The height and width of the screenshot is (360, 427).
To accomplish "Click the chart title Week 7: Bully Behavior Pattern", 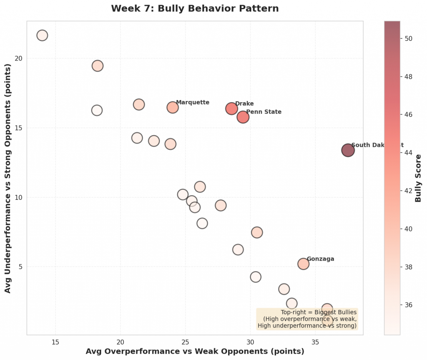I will point(195,8).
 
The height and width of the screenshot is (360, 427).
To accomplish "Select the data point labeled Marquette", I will point(173,107).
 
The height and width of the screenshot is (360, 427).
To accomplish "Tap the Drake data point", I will point(232,109).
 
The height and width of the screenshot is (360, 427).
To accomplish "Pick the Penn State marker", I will point(243,117).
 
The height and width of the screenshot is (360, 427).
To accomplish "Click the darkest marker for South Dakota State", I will point(348,150).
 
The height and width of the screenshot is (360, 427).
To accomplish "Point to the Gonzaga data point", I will point(304,264).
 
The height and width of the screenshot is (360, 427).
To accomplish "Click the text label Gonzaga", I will point(320,259).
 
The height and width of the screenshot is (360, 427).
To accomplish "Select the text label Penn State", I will point(264,112).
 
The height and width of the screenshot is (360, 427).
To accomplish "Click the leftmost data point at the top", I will point(42,35).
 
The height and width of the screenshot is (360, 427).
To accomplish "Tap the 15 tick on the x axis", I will point(55,342).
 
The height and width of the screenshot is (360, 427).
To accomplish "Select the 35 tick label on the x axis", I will point(316,342).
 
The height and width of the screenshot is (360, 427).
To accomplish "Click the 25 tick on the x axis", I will point(186,342).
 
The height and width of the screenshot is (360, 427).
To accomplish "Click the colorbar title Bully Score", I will point(418,178).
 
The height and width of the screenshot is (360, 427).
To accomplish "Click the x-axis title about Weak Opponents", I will point(195,351).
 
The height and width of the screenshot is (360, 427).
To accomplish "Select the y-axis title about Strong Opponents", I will point(8,178).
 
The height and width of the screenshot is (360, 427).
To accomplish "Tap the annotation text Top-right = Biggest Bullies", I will point(319,312).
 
